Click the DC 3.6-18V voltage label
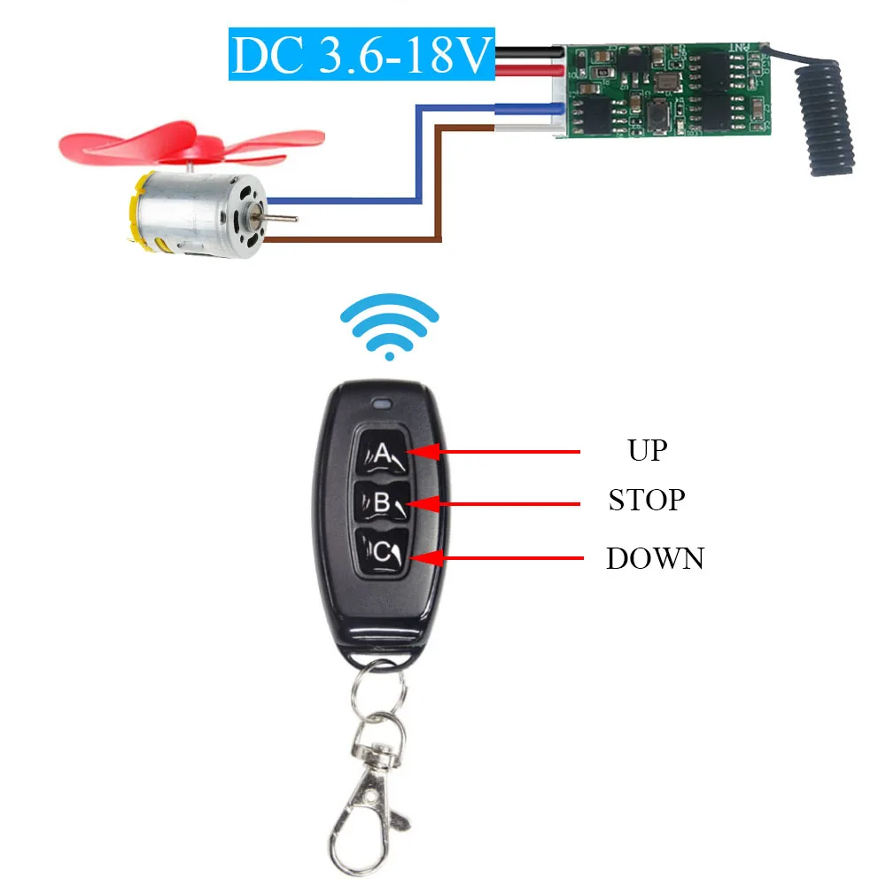[x=361, y=54]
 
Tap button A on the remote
[x=381, y=453]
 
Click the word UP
[x=648, y=451]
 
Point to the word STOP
[x=647, y=500]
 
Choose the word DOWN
[x=656, y=558]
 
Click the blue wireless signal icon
[x=389, y=326]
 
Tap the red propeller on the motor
[x=191, y=144]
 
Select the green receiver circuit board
[x=667, y=90]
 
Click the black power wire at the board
[x=530, y=52]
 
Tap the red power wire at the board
[x=530, y=71]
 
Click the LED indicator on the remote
[x=382, y=404]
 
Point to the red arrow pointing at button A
[x=493, y=452]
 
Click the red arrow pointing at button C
[x=496, y=558]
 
